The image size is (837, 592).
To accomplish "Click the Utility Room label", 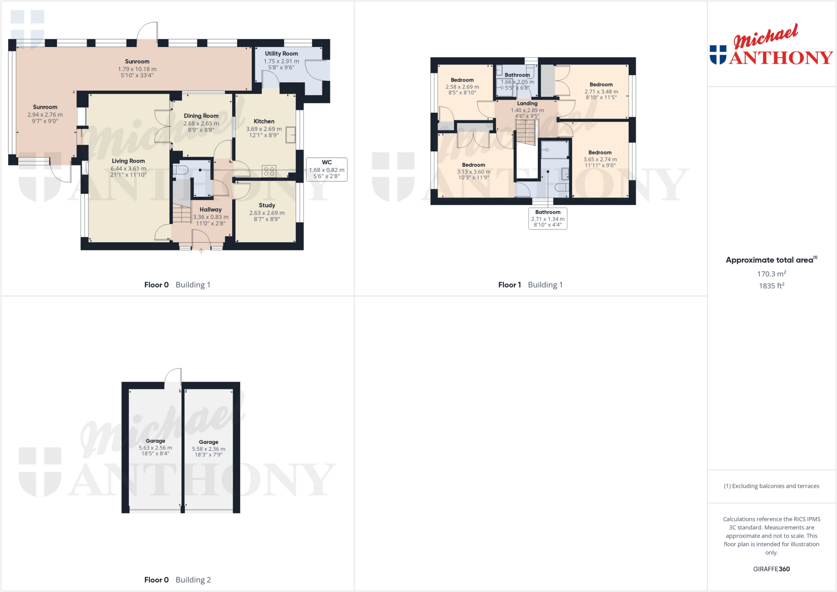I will [x=281, y=54].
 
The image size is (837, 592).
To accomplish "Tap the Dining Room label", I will [x=201, y=116].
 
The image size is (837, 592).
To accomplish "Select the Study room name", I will [x=267, y=206].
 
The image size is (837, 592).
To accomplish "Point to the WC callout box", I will [x=327, y=169].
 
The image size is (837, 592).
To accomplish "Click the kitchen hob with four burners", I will [x=269, y=171].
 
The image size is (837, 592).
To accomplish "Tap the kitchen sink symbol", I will [x=291, y=135].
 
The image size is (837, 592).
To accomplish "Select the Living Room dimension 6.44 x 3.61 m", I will [x=128, y=168].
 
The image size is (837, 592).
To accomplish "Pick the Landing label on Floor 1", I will [x=527, y=104].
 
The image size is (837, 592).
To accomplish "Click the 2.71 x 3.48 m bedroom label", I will [x=601, y=92].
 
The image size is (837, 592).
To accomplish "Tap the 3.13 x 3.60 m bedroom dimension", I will [x=474, y=172].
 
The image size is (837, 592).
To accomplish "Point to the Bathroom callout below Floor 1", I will [x=548, y=219].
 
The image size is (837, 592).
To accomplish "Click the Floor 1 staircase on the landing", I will [x=525, y=132].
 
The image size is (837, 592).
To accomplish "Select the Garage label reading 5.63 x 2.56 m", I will [x=155, y=448].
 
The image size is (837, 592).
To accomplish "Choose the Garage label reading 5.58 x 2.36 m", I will [x=208, y=449].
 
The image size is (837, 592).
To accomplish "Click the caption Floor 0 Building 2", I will [x=177, y=580].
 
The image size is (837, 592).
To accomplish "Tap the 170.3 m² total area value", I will [x=771, y=274].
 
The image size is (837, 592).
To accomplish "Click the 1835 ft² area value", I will [x=771, y=286].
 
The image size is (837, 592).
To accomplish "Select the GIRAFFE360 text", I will [x=771, y=569].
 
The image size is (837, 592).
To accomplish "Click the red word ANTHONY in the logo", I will [x=781, y=58].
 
